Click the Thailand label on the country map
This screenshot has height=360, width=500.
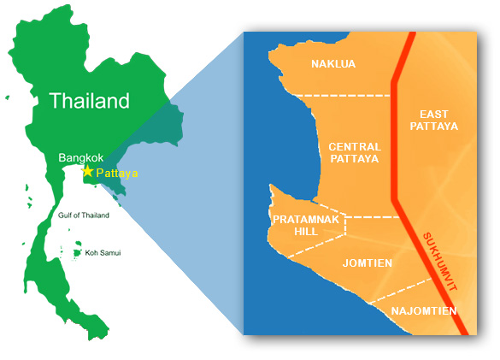pyautogui.click(x=89, y=101)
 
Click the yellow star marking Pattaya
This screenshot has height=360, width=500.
pyautogui.click(x=86, y=171)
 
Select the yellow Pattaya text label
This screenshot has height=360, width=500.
pyautogui.click(x=117, y=173)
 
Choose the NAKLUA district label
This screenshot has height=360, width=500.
pyautogui.click(x=332, y=64)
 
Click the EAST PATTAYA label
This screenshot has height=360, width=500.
pyautogui.click(x=440, y=120)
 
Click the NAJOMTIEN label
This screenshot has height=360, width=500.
pyautogui.click(x=423, y=311)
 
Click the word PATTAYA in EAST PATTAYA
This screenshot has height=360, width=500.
pyautogui.click(x=440, y=127)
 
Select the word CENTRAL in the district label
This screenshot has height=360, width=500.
pyautogui.click(x=355, y=147)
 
